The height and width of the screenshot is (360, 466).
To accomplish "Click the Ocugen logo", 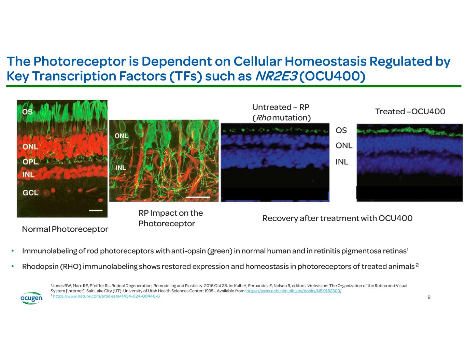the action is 31,298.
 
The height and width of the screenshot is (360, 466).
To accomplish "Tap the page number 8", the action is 429,297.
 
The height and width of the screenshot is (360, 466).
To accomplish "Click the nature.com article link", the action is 106,296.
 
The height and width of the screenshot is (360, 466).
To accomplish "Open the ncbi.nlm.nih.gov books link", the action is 294,291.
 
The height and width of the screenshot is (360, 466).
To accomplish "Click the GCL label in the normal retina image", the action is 30,193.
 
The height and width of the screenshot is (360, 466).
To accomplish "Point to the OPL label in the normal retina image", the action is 30,161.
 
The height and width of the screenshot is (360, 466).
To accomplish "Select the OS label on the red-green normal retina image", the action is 27,112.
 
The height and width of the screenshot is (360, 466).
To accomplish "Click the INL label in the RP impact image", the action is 121,168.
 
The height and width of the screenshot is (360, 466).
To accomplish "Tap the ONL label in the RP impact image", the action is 121,136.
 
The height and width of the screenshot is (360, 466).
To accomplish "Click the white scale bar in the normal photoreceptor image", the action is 96,211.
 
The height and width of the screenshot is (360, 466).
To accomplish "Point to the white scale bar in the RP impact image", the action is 198,197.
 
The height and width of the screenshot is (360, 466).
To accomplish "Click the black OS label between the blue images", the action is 341,130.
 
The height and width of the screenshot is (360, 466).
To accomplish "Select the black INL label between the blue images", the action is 342,162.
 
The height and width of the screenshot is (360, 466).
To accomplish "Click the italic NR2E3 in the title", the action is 276,76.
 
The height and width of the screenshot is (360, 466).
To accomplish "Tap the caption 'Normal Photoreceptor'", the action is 65,229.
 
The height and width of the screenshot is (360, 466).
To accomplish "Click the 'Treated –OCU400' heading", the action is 410,112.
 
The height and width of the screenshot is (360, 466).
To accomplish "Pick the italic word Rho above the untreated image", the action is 264,118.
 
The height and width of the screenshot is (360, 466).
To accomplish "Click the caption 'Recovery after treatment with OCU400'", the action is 337,218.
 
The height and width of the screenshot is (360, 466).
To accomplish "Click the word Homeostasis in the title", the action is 325,61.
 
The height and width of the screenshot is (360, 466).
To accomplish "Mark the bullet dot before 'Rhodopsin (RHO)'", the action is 13,266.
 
